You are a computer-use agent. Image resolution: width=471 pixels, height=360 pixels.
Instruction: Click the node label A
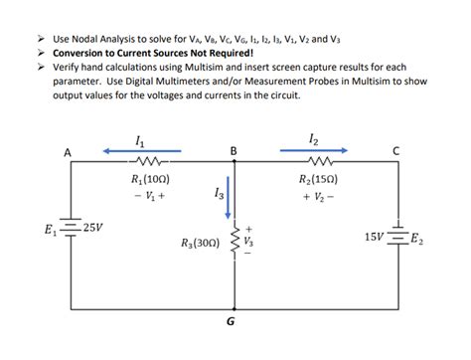(67, 153)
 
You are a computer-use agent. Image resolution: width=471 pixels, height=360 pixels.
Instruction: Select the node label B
(233, 151)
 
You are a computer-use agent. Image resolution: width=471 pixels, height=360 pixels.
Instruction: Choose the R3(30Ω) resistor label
(201, 243)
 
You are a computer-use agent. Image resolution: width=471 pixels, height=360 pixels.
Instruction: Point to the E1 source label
(51, 231)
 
